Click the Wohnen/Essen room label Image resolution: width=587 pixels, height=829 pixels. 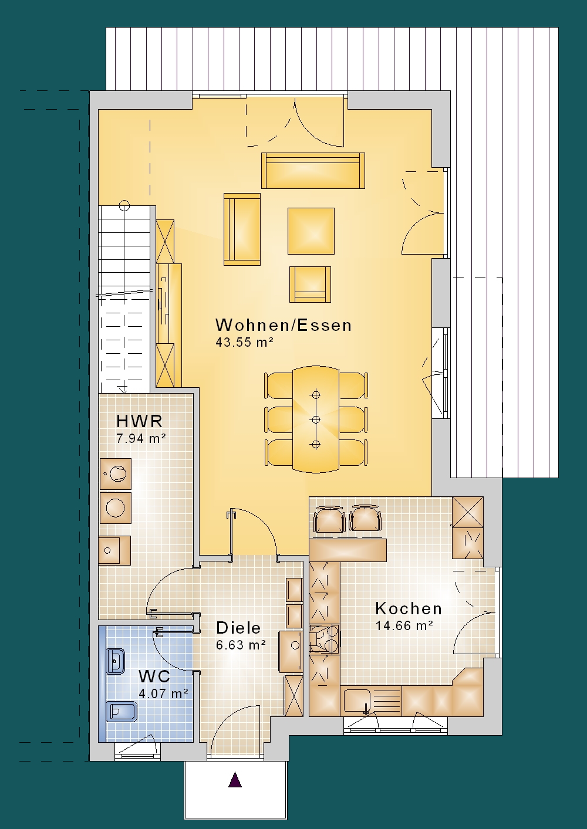[x=284, y=325]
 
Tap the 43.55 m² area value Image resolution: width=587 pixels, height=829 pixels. [x=244, y=342]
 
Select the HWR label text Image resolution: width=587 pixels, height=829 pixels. [x=139, y=421]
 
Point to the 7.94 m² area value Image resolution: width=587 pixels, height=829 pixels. [x=141, y=438]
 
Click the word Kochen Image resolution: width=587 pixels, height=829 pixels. [x=409, y=608]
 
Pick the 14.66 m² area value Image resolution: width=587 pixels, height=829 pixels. [x=404, y=625]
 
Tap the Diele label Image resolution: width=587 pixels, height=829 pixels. [x=238, y=628]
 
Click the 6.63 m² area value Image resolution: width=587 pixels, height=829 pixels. [x=241, y=645]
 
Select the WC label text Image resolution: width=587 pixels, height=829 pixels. [x=154, y=676]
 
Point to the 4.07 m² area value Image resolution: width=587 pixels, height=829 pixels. [x=164, y=693]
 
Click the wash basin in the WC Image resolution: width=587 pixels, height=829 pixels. [x=116, y=661]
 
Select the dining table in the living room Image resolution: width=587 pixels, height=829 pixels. [x=316, y=419]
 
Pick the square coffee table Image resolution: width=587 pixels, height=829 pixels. [x=311, y=231]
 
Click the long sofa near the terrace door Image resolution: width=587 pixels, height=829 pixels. [x=313, y=171]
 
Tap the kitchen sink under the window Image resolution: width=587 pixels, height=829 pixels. [x=357, y=701]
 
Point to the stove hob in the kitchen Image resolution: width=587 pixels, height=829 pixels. [x=325, y=638]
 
